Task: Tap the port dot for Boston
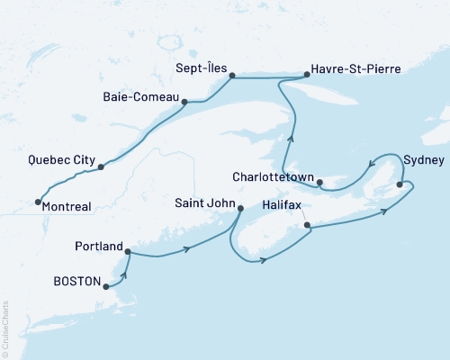click(x=106, y=287)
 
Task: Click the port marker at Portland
click(x=127, y=252)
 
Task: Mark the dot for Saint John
click(x=239, y=209)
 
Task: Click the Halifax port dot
click(x=308, y=225)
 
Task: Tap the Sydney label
click(x=423, y=160)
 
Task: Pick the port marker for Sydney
click(x=400, y=184)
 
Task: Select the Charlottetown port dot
click(x=319, y=182)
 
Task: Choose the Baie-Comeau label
click(x=145, y=90)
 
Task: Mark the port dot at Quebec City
click(x=101, y=167)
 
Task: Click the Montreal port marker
click(x=38, y=202)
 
